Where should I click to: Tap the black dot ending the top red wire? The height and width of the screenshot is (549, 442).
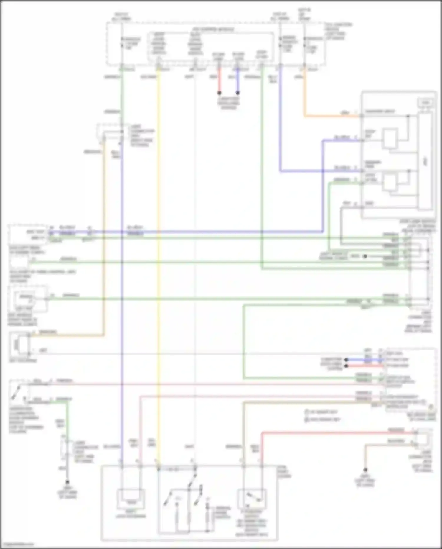pyautogui.click(x=219, y=93)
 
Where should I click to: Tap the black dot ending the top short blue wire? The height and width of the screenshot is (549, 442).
pyautogui.click(x=238, y=93)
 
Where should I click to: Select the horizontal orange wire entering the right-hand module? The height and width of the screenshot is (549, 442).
pyautogui.click(x=333, y=116)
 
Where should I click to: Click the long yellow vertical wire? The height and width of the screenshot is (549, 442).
pyautogui.click(x=159, y=266)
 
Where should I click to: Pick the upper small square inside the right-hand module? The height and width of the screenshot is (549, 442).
pyautogui.click(x=390, y=138)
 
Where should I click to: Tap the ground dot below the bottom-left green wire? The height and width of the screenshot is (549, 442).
pyautogui.click(x=67, y=482)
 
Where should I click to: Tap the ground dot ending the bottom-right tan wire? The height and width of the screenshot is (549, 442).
pyautogui.click(x=365, y=470)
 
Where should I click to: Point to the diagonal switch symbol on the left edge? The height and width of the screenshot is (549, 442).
pyautogui.click(x=16, y=391)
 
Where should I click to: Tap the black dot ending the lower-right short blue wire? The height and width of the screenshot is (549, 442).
pyautogui.click(x=347, y=360)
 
